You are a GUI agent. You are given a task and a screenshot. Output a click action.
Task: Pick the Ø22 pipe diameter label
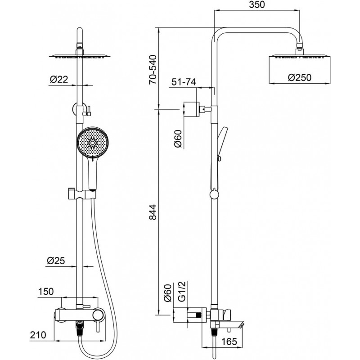[58, 80]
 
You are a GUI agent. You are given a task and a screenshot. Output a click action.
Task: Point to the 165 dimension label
[229, 342]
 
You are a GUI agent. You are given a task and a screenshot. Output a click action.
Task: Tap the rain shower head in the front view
[79, 56]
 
